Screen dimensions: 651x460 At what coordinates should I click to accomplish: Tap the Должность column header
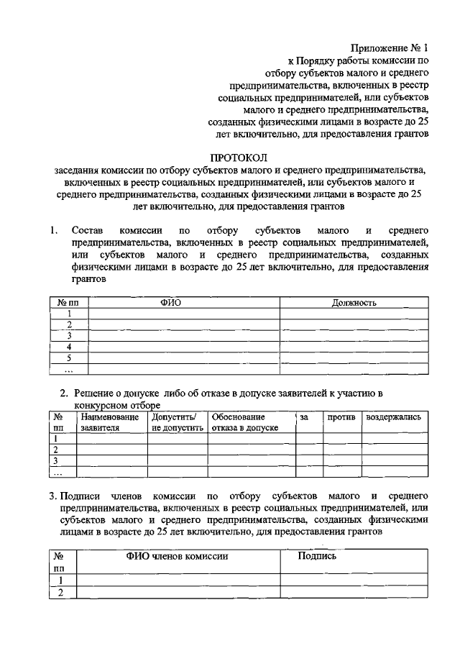tap(354, 303)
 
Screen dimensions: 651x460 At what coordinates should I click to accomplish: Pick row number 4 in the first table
tap(69, 346)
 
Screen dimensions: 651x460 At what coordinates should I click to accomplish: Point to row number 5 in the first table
tap(69, 358)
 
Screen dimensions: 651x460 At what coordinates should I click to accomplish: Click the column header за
tap(304, 417)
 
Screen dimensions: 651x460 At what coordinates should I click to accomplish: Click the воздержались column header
tap(393, 417)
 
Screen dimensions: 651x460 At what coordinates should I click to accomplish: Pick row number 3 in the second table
tap(56, 460)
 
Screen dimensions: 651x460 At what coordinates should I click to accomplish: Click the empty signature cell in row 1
tap(354, 581)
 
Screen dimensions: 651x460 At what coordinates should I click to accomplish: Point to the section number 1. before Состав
tap(55, 231)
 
